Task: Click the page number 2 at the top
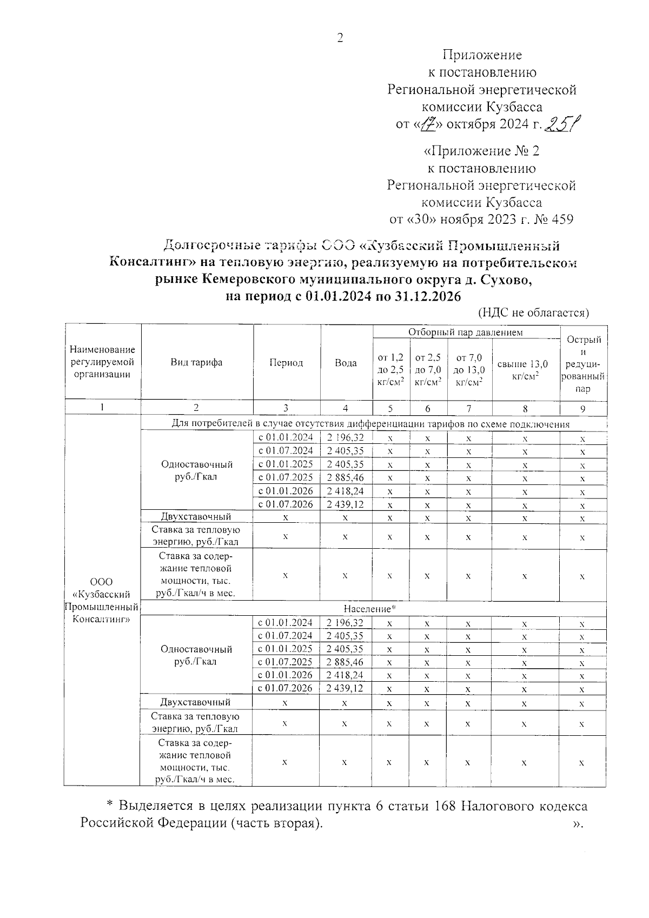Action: pyautogui.click(x=340, y=37)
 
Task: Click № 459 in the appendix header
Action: pyautogui.click(x=552, y=219)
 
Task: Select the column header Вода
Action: pyautogui.click(x=346, y=363)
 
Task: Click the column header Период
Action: pyautogui.click(x=286, y=363)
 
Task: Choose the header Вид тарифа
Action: pyautogui.click(x=196, y=363)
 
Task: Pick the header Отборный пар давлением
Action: pyautogui.click(x=465, y=332)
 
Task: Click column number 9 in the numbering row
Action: pyautogui.click(x=582, y=409)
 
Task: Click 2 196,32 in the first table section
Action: pyautogui.click(x=346, y=437)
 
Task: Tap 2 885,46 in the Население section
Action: pyautogui.click(x=345, y=662)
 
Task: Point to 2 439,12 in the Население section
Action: pyautogui.click(x=345, y=688)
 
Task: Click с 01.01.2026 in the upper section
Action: pyautogui.click(x=286, y=491)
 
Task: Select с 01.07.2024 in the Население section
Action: pyautogui.click(x=286, y=636)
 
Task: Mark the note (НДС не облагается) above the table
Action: pyautogui.click(x=533, y=312)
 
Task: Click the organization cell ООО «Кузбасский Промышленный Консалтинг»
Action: pyautogui.click(x=102, y=600)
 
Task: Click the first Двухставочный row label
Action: pyautogui.click(x=196, y=517)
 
